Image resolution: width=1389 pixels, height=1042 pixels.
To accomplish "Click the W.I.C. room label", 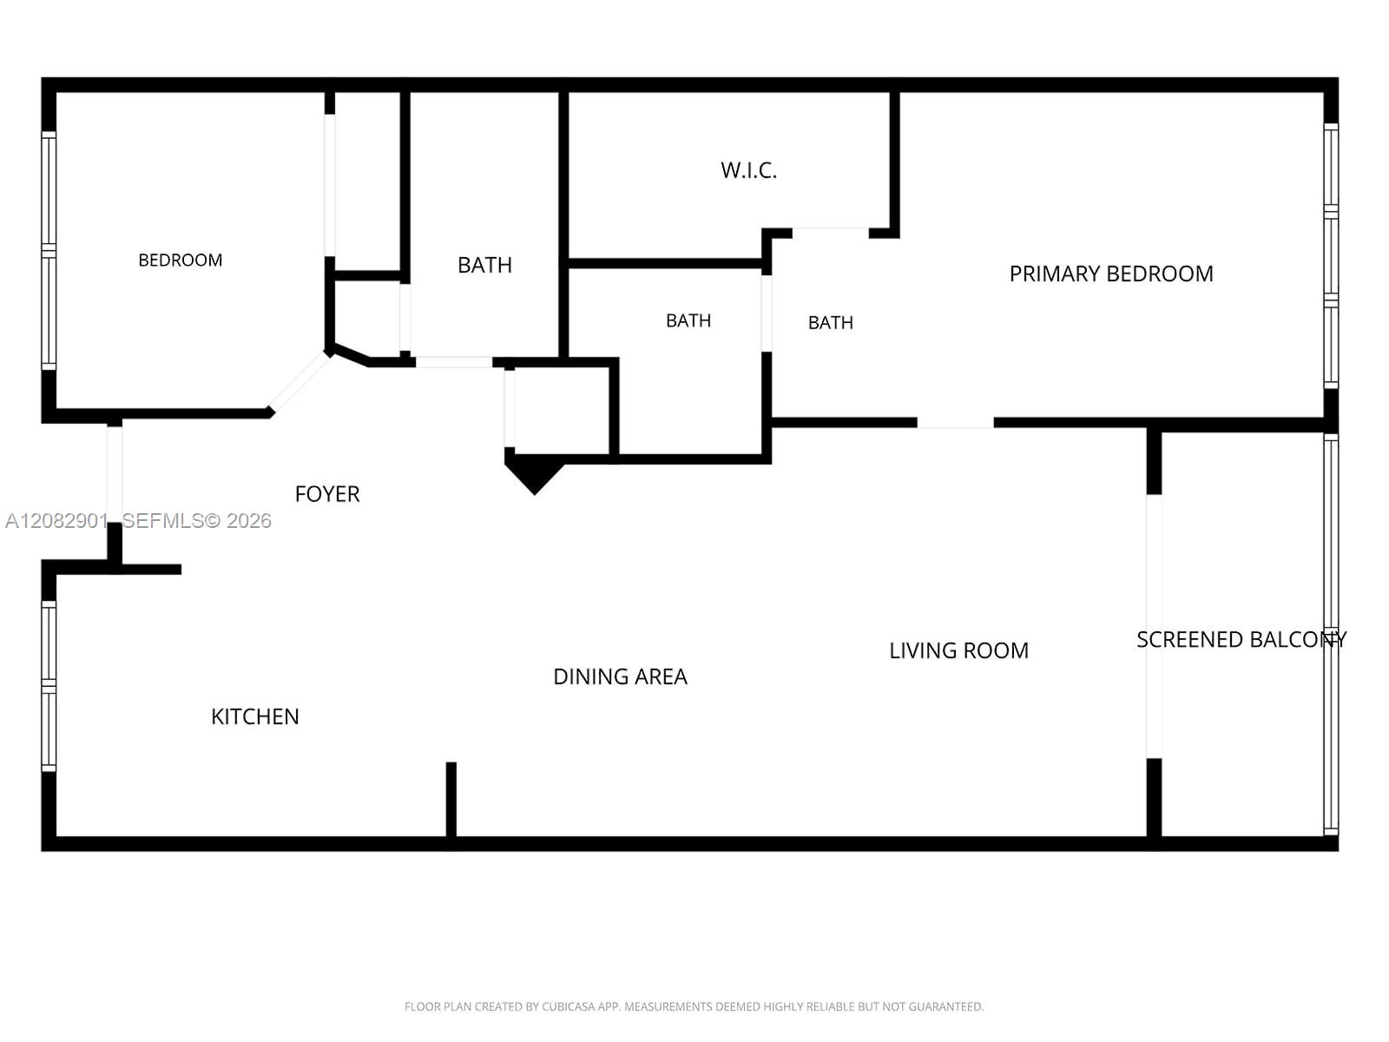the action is tap(748, 170).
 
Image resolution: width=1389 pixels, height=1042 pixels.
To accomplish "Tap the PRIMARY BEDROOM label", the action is tap(1110, 274).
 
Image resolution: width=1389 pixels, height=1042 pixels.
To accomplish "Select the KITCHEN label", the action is tap(254, 717).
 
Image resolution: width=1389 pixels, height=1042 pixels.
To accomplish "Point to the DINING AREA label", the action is tap(620, 677).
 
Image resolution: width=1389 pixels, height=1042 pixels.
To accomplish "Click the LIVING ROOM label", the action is tap(958, 650).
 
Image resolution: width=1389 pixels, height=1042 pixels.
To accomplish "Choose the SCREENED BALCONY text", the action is tap(1241, 640).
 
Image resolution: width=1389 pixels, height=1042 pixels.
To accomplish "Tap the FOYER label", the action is tap(327, 494).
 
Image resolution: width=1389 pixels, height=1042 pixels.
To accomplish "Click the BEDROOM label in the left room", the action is tap(181, 260).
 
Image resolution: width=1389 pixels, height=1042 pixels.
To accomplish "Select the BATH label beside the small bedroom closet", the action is tap(484, 265).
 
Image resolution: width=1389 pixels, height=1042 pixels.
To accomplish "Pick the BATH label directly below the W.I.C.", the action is tap(688, 320).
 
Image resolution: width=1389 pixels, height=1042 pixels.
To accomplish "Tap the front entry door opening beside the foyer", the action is tap(115, 474).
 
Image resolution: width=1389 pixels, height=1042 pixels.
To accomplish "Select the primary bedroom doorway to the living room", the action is tap(955, 423).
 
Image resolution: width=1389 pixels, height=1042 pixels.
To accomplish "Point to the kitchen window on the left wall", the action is tap(49, 687).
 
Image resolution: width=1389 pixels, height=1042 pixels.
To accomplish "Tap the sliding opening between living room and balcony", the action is tap(1155, 626).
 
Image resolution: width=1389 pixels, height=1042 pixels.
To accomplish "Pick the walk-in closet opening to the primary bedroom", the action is tap(830, 233).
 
